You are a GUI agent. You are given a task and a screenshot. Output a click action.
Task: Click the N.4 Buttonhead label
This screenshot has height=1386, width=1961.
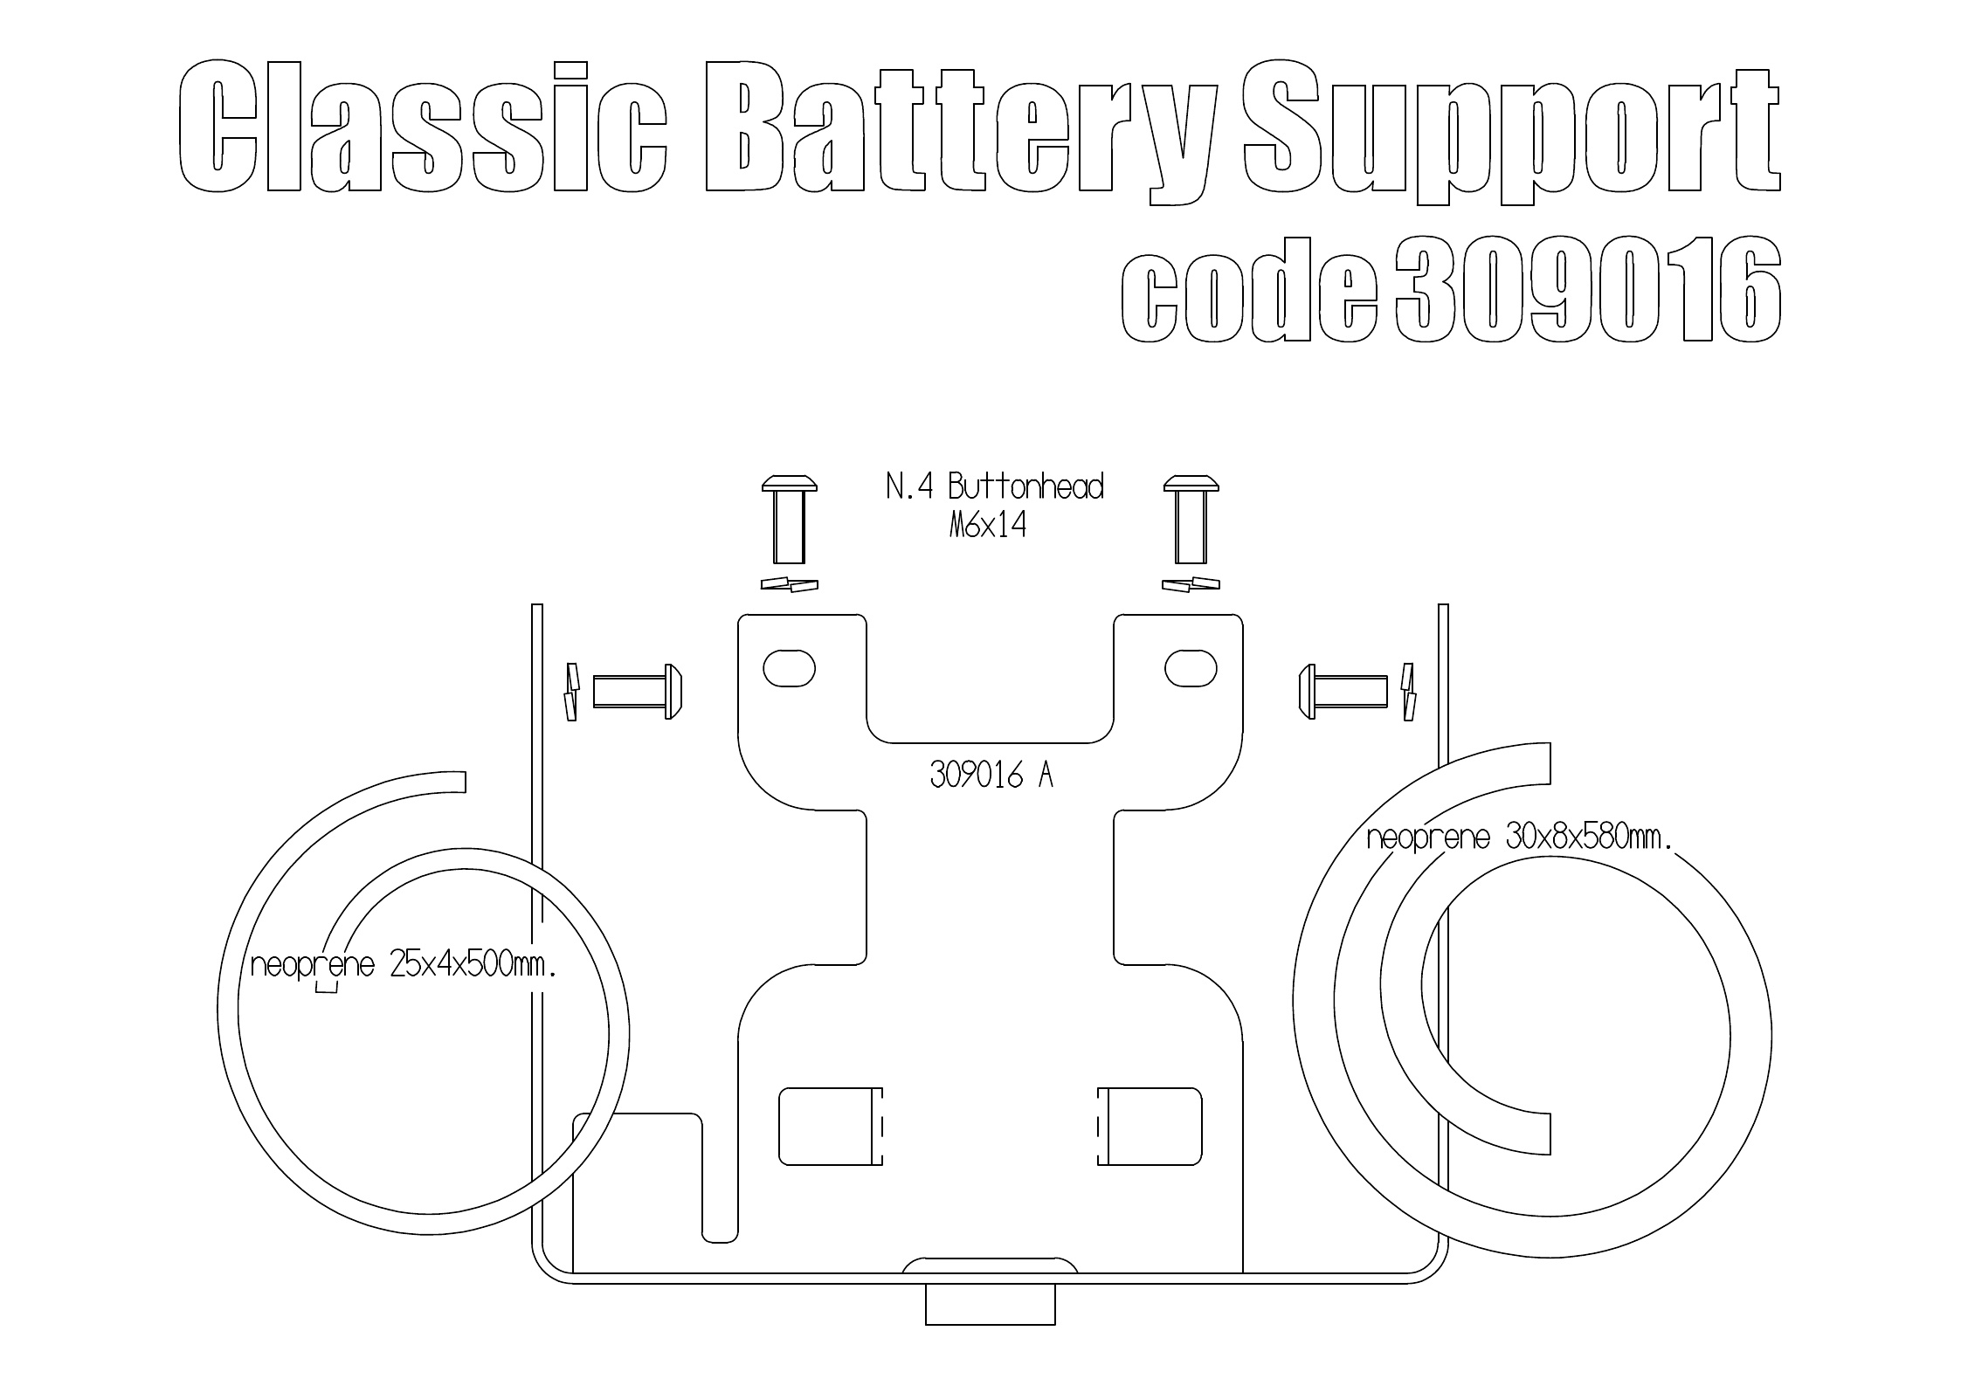click(994, 486)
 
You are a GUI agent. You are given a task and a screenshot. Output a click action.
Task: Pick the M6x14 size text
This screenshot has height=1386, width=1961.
click(987, 527)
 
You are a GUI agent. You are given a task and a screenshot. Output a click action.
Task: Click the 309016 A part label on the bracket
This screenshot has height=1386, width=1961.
click(991, 775)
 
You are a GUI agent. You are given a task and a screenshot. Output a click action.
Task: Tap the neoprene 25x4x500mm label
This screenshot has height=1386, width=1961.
click(404, 965)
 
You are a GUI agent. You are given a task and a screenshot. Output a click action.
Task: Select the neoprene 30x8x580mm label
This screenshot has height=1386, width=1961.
click(1519, 838)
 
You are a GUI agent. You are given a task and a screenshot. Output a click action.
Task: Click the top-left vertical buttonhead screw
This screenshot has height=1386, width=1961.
click(790, 519)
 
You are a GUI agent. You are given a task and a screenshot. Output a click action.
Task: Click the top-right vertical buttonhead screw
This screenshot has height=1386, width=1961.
click(1191, 519)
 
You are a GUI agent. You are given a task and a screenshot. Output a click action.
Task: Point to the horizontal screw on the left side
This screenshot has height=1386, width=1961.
click(637, 692)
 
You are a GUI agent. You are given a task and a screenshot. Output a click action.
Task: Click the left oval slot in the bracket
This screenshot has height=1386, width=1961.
click(790, 669)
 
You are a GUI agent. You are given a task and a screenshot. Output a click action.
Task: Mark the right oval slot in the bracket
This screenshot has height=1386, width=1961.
click(1191, 669)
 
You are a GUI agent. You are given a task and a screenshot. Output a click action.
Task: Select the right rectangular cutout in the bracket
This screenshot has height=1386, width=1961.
click(1150, 1126)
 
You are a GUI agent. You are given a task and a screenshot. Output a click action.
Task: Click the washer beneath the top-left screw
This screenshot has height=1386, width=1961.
click(791, 585)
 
